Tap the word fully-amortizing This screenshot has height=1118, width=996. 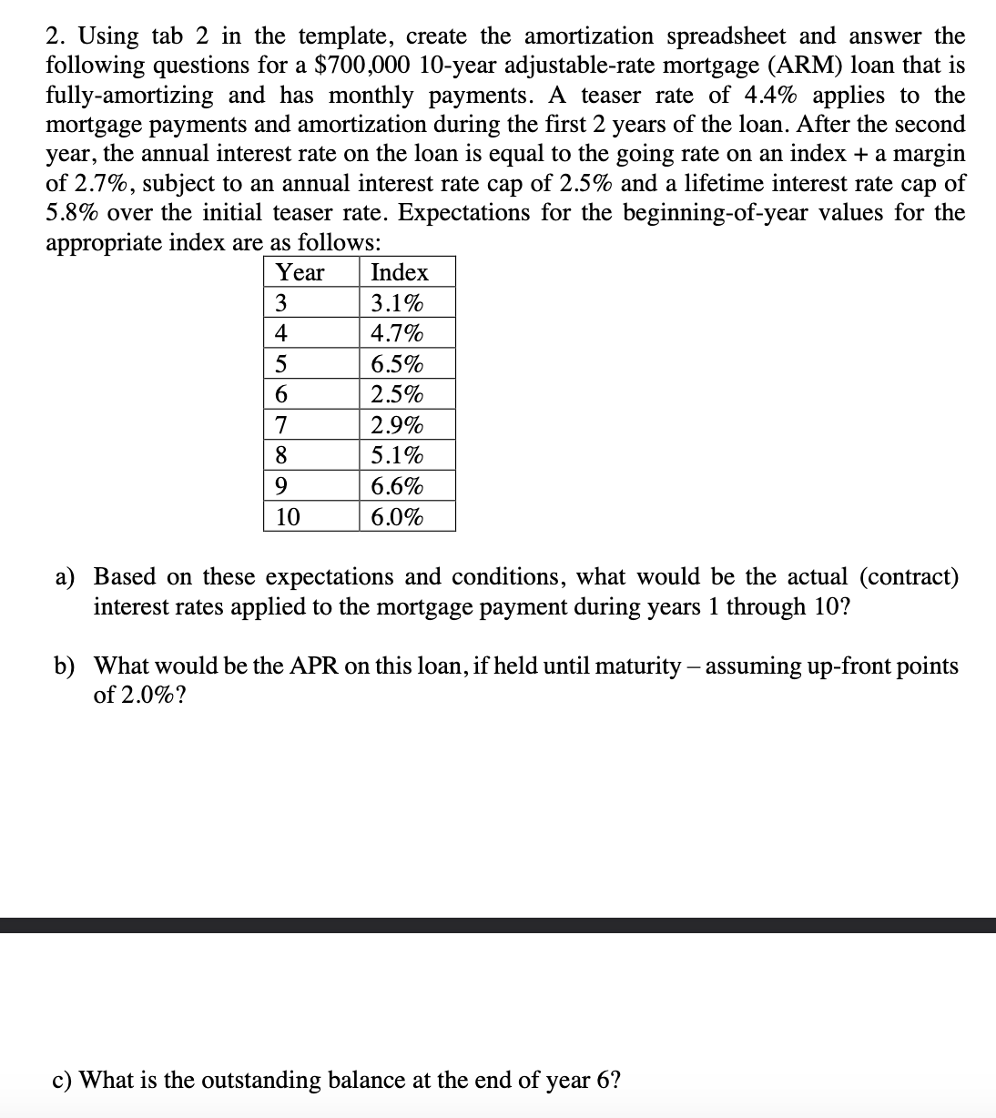point(130,95)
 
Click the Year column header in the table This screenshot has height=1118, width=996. point(300,272)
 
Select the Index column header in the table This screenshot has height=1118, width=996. point(400,272)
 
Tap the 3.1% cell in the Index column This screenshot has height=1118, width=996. point(397,303)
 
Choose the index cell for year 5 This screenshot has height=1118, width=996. point(397,364)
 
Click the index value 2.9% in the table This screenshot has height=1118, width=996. point(397,425)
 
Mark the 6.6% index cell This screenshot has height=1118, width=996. point(397,486)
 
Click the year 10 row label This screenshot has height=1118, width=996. point(288,517)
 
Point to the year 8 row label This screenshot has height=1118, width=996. point(281,455)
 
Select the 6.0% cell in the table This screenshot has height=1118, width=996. point(397,517)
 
